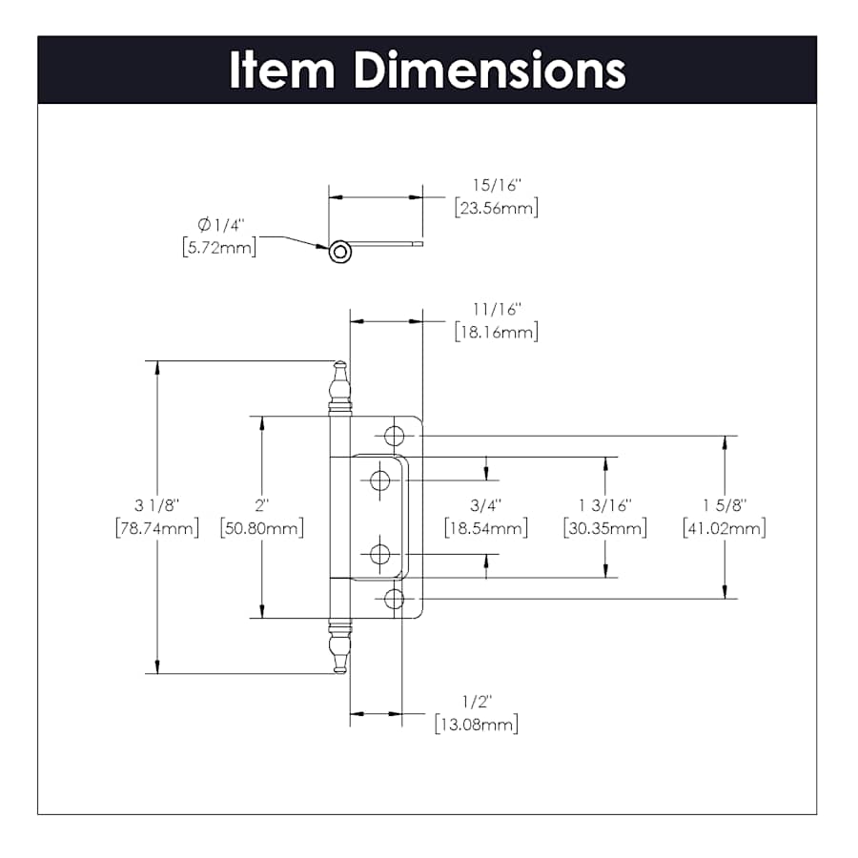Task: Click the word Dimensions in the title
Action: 490,70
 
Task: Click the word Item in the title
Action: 282,70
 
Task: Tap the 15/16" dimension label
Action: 497,185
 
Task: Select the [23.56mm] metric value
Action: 497,208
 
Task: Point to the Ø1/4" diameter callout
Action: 220,225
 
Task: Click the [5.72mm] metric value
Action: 219,248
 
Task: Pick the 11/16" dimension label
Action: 497,309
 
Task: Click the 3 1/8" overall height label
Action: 156,505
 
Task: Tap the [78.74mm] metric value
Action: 157,528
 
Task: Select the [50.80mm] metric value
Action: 261,528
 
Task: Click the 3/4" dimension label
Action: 486,505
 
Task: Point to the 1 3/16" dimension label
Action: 605,505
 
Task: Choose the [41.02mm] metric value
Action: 724,528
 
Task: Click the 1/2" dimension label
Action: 477,701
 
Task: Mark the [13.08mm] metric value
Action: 476,725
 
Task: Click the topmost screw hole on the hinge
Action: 394,436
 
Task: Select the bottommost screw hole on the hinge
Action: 394,599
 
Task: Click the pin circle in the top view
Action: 339,253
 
